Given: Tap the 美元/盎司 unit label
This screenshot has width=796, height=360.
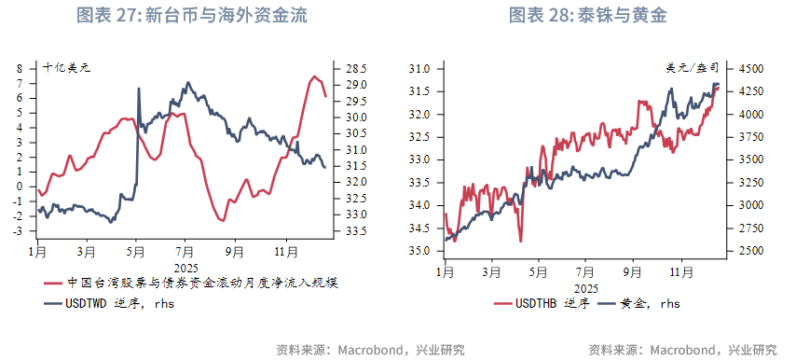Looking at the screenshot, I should pyautogui.click(x=693, y=68).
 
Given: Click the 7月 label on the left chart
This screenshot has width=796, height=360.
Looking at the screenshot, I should pyautogui.click(x=185, y=252).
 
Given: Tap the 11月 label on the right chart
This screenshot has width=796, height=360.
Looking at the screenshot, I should pyautogui.click(x=682, y=271).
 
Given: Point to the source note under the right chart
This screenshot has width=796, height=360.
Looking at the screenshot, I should pyautogui.click(x=682, y=350).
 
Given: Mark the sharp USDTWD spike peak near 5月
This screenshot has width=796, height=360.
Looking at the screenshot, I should pyautogui.click(x=139, y=88).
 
